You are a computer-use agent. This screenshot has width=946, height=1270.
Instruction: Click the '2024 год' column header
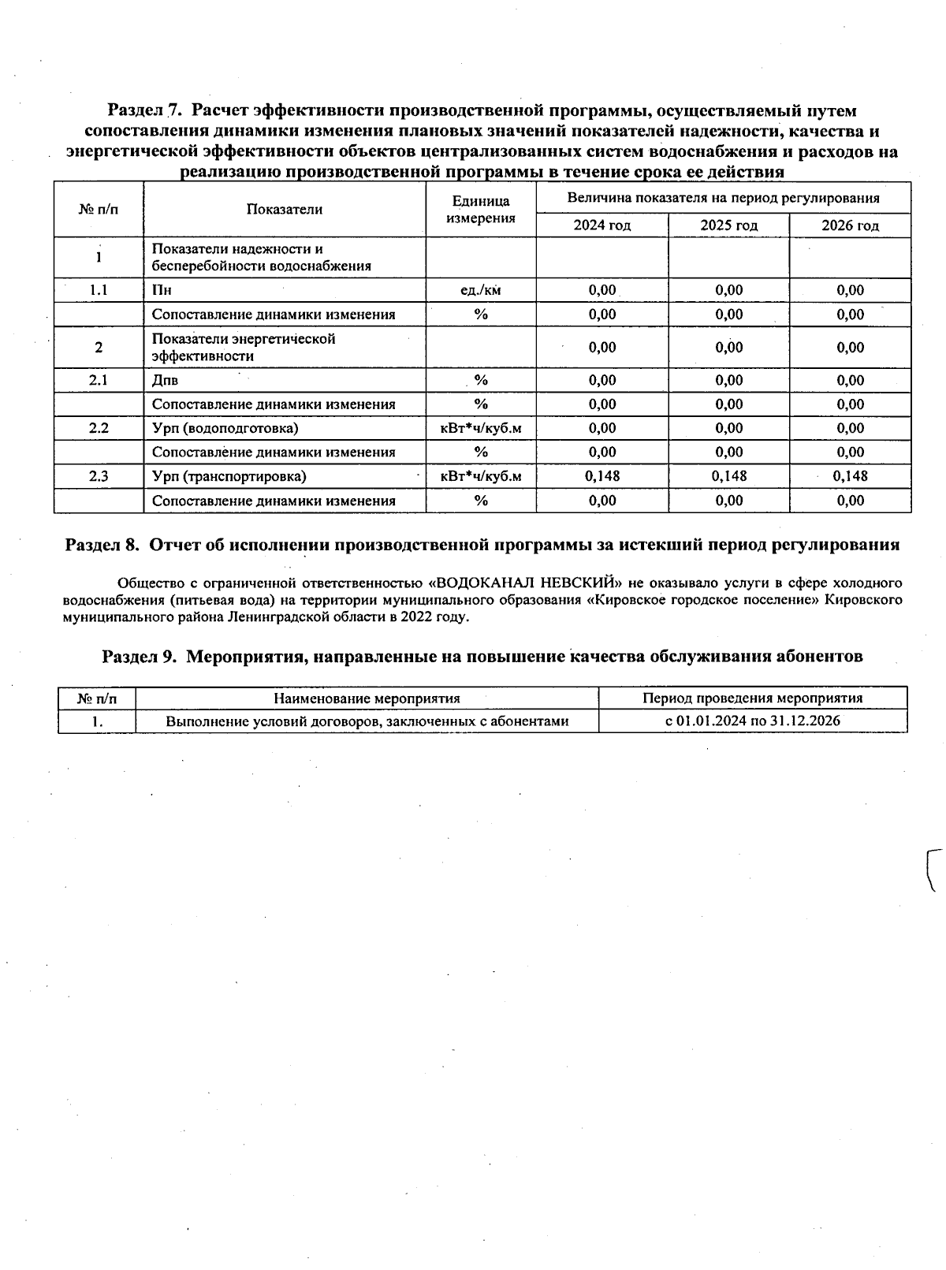[601, 225]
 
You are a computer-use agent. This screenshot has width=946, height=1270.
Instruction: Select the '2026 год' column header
[850, 225]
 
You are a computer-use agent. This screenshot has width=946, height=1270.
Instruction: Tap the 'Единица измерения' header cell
[480, 210]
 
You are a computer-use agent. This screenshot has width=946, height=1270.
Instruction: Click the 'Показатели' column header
[285, 209]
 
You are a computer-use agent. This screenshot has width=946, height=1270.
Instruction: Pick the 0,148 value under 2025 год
[728, 476]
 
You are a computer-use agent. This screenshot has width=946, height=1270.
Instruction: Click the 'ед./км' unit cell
[480, 290]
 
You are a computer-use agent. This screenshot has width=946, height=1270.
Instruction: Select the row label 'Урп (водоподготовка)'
[225, 428]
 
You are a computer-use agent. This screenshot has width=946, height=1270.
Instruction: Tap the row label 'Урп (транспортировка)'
[229, 476]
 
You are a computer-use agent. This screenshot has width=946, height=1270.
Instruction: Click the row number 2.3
[99, 476]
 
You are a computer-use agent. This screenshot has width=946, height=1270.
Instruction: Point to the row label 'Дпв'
[165, 380]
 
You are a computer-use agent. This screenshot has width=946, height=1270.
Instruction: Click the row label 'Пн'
[162, 290]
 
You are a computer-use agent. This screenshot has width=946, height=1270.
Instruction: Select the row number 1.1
[99, 290]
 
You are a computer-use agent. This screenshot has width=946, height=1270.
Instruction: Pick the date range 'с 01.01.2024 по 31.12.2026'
[753, 721]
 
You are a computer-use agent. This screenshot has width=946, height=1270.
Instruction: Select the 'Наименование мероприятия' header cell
[367, 698]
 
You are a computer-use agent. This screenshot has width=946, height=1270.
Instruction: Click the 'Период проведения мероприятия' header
[753, 698]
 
